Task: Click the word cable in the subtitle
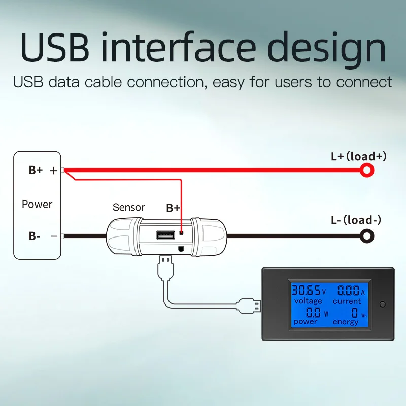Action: [x=96, y=82]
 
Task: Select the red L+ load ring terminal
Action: [x=367, y=171]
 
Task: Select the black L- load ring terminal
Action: [x=367, y=235]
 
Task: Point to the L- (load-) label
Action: [x=356, y=220]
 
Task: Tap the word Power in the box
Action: [x=37, y=204]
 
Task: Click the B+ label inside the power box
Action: [x=36, y=170]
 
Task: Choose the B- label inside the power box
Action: [x=35, y=235]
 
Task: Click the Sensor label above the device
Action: [x=128, y=207]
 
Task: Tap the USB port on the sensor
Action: [x=164, y=235]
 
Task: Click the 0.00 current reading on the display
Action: [x=348, y=291]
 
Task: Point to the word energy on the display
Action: [x=345, y=322]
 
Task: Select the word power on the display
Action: [x=306, y=322]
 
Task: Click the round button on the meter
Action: [x=383, y=304]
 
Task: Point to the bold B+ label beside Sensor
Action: [x=173, y=208]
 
